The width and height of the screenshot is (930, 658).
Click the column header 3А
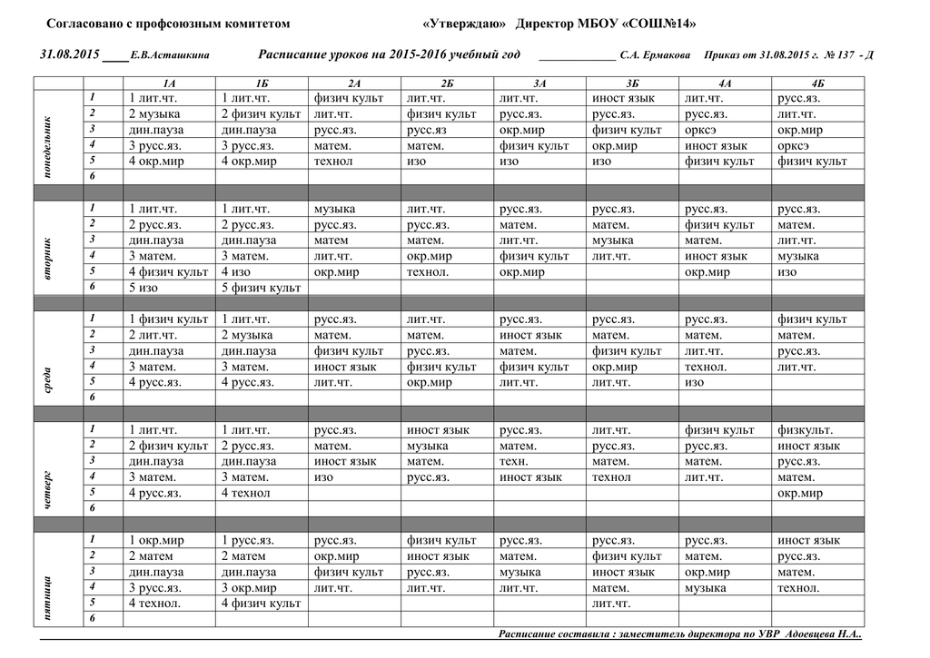coord(539,83)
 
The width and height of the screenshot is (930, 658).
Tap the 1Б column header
coord(262,83)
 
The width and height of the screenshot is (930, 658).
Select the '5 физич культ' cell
coord(262,288)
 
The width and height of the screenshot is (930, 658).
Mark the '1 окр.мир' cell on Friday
coord(156,541)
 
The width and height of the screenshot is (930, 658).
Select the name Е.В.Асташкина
coord(171,55)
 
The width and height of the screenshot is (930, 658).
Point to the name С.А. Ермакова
coord(655,55)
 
